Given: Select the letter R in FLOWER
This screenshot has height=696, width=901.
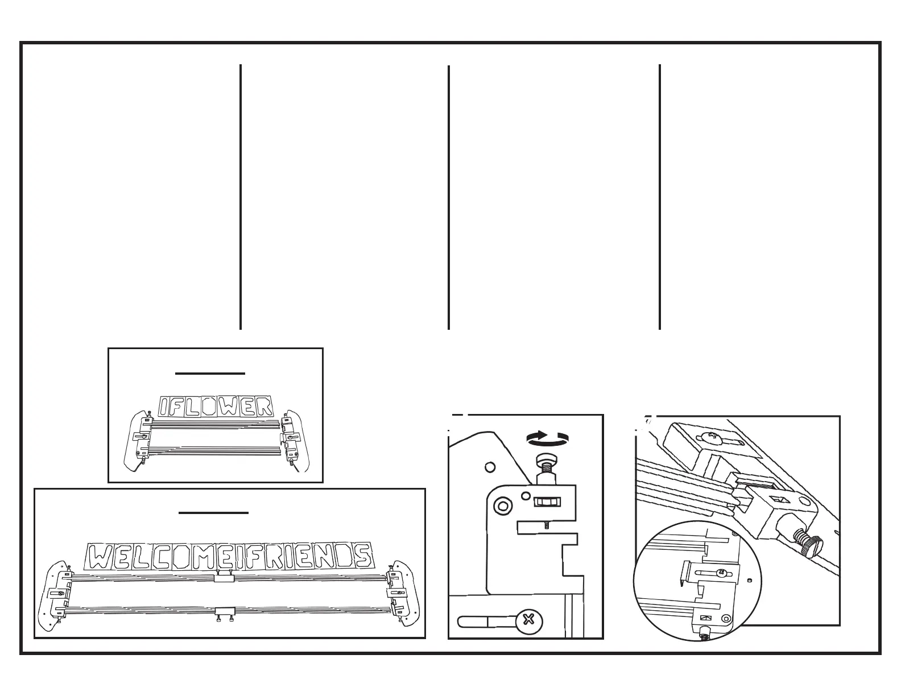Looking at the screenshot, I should (x=262, y=407).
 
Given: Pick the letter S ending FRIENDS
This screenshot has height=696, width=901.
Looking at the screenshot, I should (x=362, y=556).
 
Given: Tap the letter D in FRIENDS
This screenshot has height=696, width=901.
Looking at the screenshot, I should (x=341, y=556).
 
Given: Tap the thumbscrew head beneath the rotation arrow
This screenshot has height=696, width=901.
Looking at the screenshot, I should (x=544, y=458).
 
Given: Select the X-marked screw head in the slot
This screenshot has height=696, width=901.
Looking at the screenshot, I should (x=529, y=619).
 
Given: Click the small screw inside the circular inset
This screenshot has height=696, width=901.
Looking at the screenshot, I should (x=722, y=572).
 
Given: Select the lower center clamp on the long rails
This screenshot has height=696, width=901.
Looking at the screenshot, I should (x=225, y=611).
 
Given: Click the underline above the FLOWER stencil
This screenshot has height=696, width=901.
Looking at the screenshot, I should (x=210, y=374).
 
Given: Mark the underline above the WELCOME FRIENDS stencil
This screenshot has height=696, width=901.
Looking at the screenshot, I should (x=213, y=513).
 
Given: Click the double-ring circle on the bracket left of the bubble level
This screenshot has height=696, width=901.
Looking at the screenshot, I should (x=502, y=506).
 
